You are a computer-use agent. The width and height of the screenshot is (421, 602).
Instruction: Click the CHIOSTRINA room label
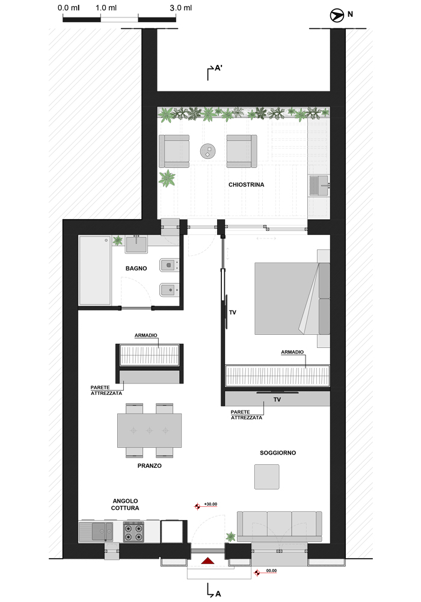(246, 185)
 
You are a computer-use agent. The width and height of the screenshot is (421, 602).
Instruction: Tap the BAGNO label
(136, 268)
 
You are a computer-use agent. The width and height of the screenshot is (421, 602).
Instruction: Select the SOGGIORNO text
(278, 453)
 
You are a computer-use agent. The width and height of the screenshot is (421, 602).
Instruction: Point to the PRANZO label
(150, 466)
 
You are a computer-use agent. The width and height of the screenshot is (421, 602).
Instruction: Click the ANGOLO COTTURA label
(125, 504)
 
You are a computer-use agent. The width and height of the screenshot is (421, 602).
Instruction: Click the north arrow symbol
(337, 16)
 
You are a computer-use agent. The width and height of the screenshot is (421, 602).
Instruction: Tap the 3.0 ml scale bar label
(181, 8)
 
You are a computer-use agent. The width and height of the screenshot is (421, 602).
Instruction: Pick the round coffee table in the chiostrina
(208, 151)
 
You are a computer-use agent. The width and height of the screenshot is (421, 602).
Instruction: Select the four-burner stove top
(134, 532)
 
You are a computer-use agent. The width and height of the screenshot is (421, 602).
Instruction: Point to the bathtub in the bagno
(95, 270)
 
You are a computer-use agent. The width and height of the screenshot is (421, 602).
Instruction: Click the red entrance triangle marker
(207, 560)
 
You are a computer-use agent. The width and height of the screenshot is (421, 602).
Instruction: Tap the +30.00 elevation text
(210, 504)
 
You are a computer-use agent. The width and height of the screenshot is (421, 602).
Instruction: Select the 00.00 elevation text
(271, 571)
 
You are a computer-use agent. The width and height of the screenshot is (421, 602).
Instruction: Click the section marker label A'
(218, 68)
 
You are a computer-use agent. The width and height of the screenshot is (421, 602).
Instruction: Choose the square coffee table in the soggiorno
(267, 476)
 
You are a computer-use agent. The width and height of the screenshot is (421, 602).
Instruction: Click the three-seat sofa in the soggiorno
(280, 526)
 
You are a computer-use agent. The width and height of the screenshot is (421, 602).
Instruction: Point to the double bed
(292, 299)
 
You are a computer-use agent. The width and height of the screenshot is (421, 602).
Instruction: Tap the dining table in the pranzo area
(150, 430)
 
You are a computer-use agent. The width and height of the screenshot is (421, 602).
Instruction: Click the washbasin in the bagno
(136, 244)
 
